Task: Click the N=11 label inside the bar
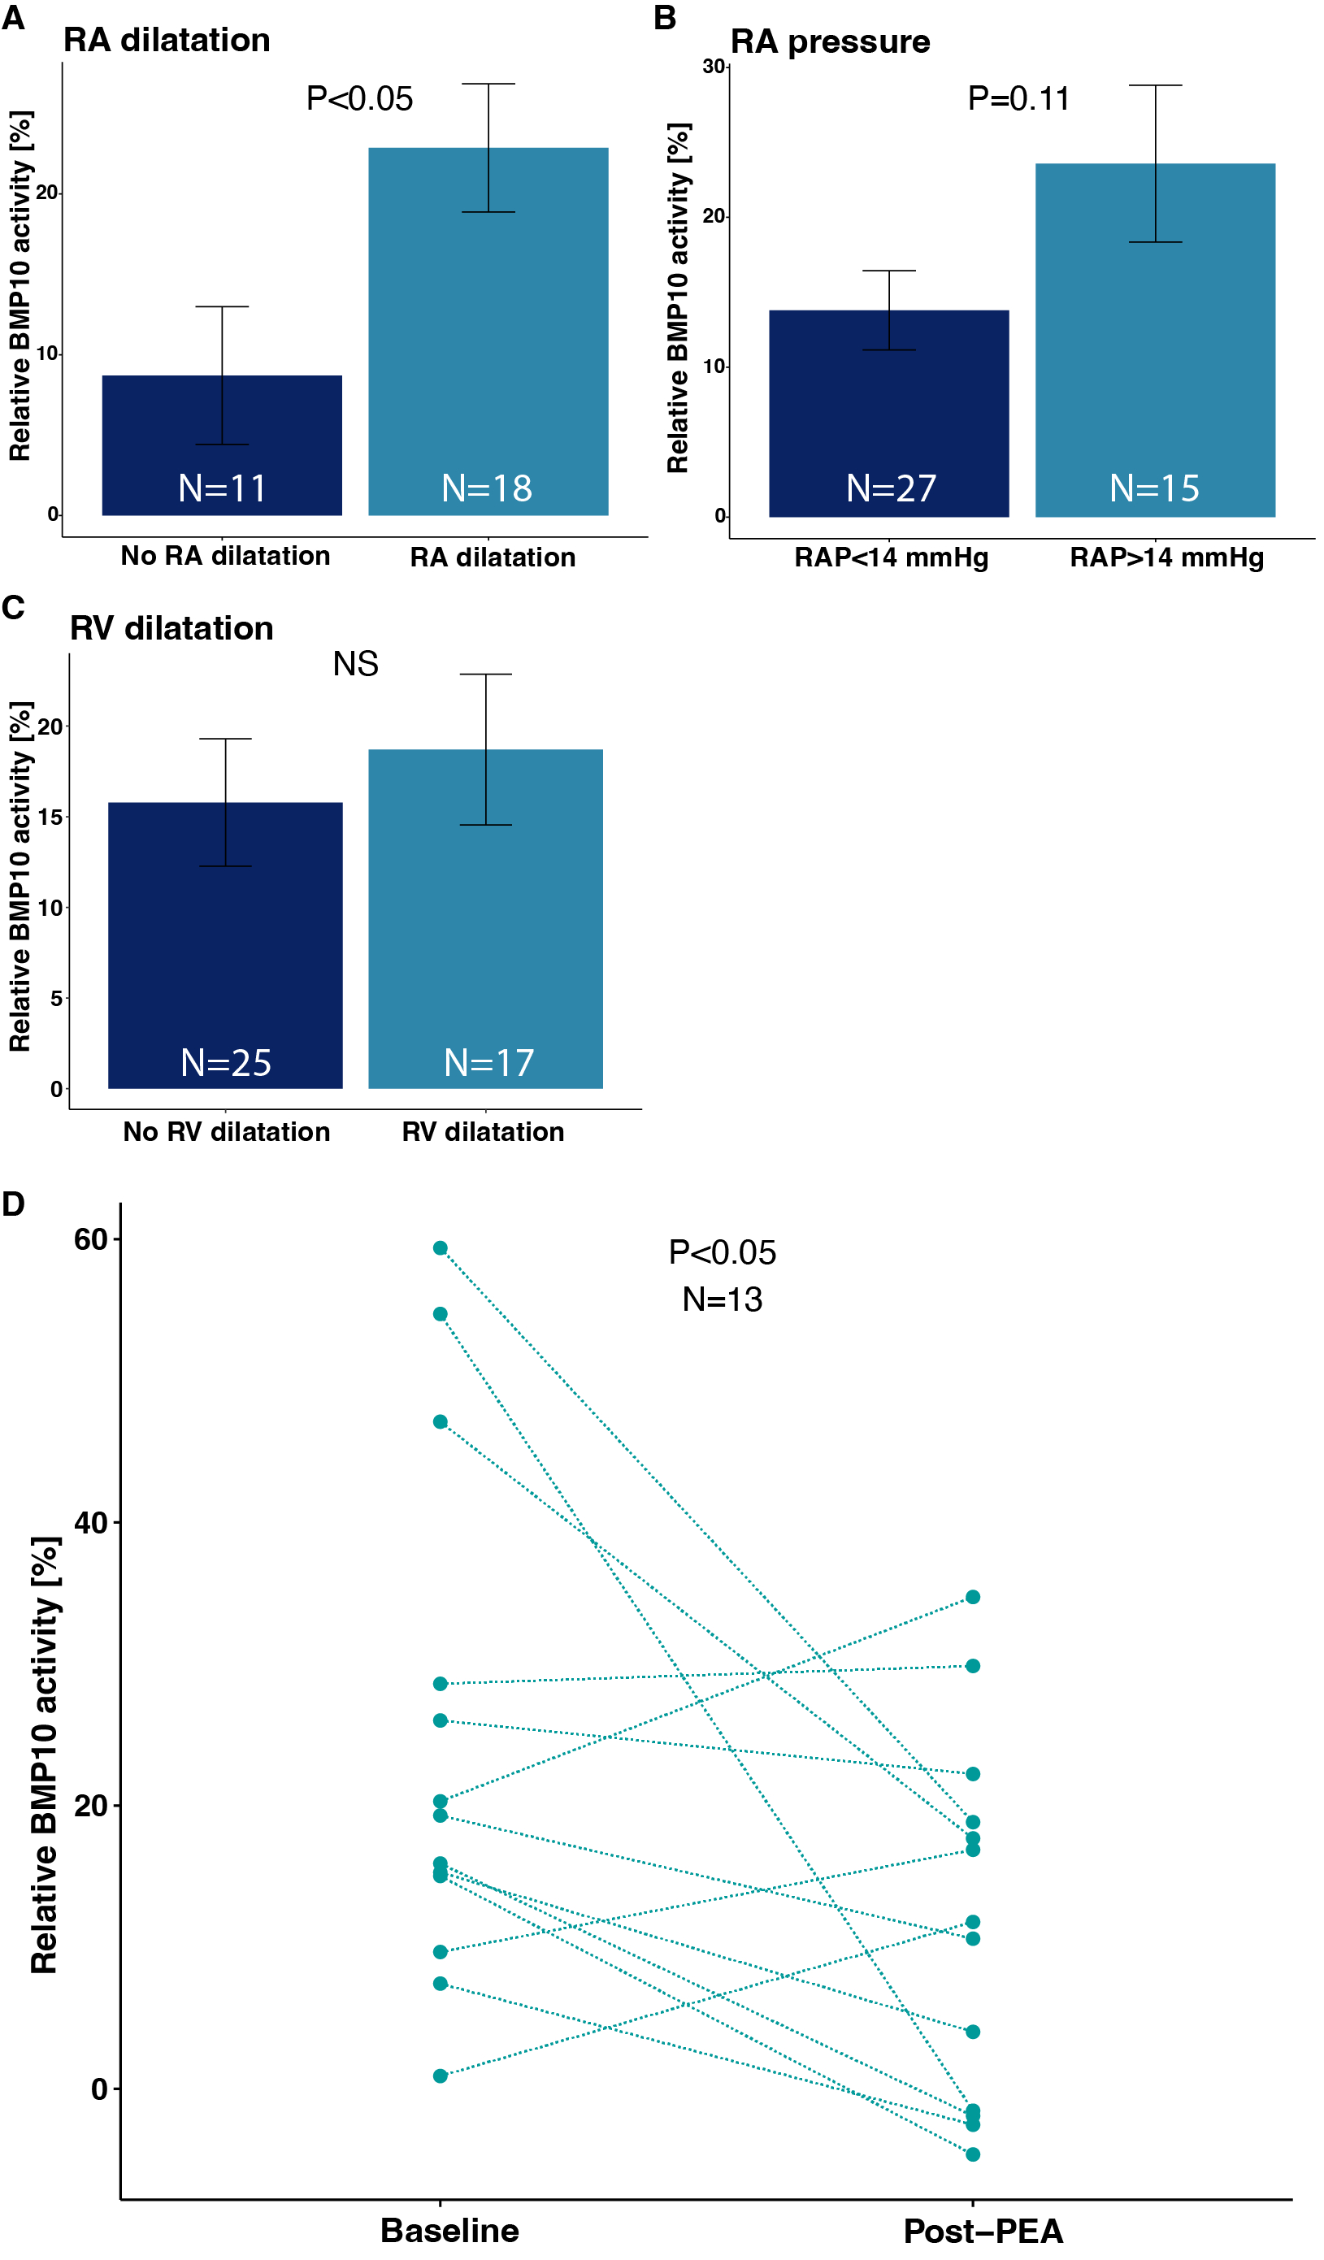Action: (x=223, y=488)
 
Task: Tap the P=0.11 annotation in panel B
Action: (x=1018, y=98)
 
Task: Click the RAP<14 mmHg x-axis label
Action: (x=891, y=557)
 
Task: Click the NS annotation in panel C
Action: (x=355, y=665)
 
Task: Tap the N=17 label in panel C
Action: (x=488, y=1064)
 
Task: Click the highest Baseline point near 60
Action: (x=441, y=1248)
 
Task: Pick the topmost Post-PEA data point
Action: (x=972, y=1597)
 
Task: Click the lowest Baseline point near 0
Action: (x=441, y=2076)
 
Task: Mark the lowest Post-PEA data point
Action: (x=972, y=2154)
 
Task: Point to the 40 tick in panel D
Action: (x=90, y=1523)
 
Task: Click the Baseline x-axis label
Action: (x=449, y=2231)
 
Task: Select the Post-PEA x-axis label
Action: (x=983, y=2232)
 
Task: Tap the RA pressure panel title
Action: (x=830, y=42)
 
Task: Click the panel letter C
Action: (x=14, y=608)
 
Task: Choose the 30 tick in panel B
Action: (x=714, y=67)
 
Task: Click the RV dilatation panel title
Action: (x=171, y=629)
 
